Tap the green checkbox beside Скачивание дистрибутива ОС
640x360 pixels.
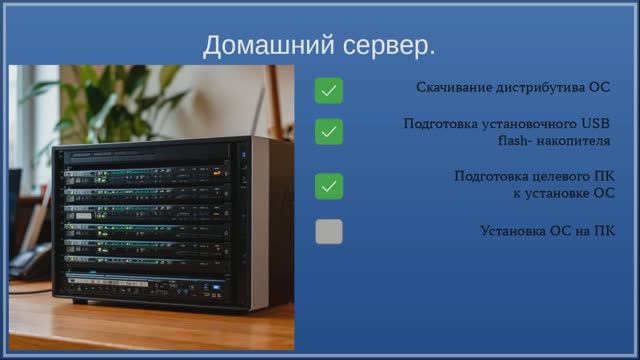tap(329, 92)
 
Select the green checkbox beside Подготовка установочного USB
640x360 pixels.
tap(329, 132)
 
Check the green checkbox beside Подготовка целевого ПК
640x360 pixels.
tap(329, 186)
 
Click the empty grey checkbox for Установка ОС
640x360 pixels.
tap(329, 232)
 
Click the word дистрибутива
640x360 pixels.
tap(543, 87)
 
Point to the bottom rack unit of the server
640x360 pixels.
tap(145, 285)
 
